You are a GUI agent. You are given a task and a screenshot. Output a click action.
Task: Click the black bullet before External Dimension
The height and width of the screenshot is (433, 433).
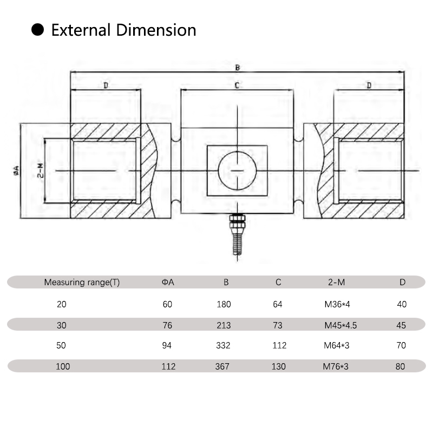click(x=37, y=30)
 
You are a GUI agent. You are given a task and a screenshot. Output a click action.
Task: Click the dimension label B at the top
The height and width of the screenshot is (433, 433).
click(x=237, y=68)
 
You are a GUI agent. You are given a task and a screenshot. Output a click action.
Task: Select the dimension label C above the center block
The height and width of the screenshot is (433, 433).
click(x=237, y=86)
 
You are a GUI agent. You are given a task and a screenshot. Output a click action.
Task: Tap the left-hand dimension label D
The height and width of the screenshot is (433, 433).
click(x=106, y=86)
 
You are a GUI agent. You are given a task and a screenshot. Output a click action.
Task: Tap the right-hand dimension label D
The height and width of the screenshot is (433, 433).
click(x=369, y=86)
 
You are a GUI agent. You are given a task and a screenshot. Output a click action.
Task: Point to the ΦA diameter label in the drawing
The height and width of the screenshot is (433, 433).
click(x=16, y=171)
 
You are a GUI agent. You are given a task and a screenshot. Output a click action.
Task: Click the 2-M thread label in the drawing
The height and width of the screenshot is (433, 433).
click(x=40, y=171)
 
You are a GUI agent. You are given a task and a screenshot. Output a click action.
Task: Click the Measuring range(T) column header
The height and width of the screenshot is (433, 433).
click(x=82, y=283)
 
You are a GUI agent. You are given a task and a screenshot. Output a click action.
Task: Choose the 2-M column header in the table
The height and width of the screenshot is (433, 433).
click(x=336, y=283)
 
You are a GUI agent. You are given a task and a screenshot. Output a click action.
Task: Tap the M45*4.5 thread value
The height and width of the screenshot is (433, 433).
click(x=340, y=325)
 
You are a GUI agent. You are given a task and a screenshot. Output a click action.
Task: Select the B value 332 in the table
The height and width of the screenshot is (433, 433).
click(x=224, y=345)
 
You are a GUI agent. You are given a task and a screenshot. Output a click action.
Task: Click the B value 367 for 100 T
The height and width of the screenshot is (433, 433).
click(x=222, y=366)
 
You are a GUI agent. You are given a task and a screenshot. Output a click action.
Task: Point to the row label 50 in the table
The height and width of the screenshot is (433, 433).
click(x=62, y=345)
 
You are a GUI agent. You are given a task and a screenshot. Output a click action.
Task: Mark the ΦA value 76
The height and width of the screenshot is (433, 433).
click(x=167, y=325)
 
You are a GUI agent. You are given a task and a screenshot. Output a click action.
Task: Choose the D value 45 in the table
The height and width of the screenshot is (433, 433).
click(x=401, y=325)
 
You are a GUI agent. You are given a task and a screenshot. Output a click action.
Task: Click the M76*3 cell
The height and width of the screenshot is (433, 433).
click(x=336, y=366)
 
